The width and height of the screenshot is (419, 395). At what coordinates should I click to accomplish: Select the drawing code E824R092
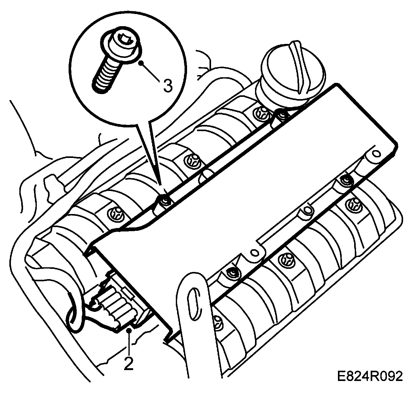(x=370, y=376)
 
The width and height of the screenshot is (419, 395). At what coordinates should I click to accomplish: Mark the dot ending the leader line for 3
(x=142, y=63)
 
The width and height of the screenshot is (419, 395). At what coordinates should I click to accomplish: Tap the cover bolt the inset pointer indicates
(x=164, y=201)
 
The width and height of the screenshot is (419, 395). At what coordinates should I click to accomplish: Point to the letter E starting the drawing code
(x=341, y=376)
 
